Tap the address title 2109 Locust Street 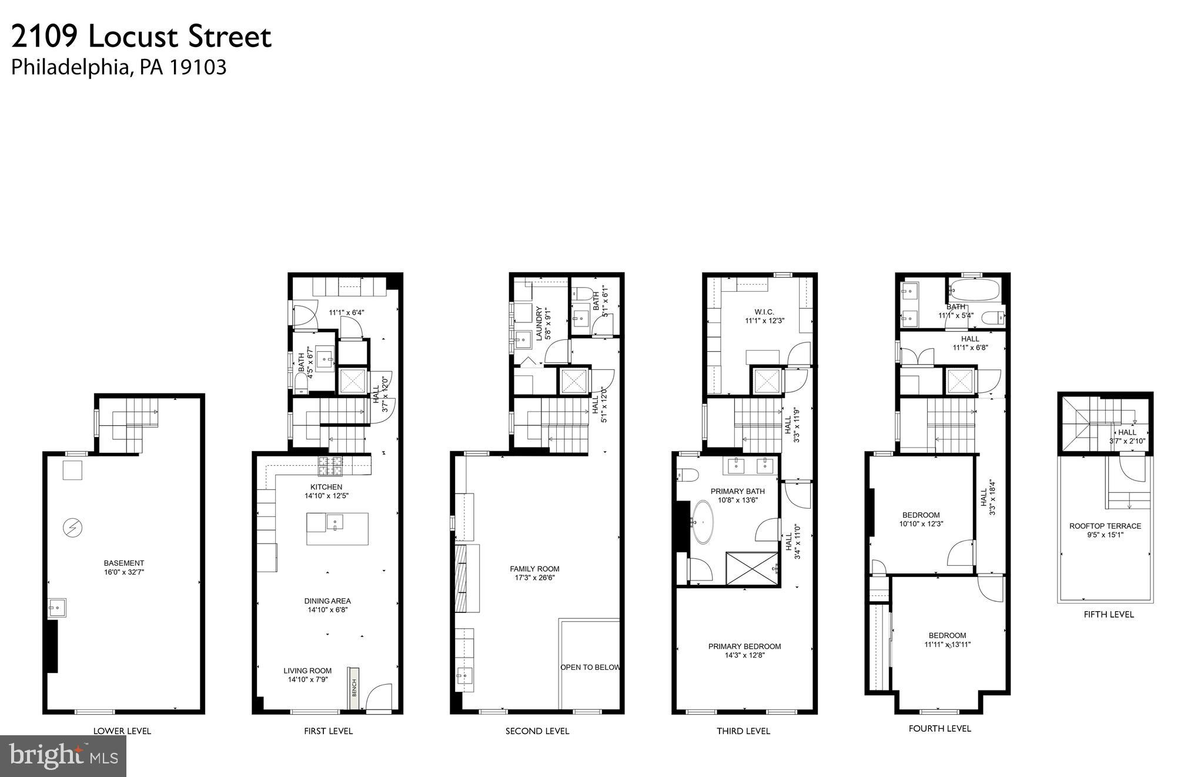pos(141,37)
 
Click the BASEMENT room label pos(123,563)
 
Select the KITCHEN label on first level pos(326,487)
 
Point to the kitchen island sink pos(335,522)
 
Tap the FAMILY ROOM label pos(534,569)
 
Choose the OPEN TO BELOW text pos(590,667)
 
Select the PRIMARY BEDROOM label pos(744,646)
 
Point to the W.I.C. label pos(764,312)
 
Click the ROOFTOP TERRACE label pos(1105,526)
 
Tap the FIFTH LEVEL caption pos(1109,614)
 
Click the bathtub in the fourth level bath pos(974,289)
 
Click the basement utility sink pos(57,606)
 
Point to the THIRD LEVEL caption pos(743,731)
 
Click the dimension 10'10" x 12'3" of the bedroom pos(921,523)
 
